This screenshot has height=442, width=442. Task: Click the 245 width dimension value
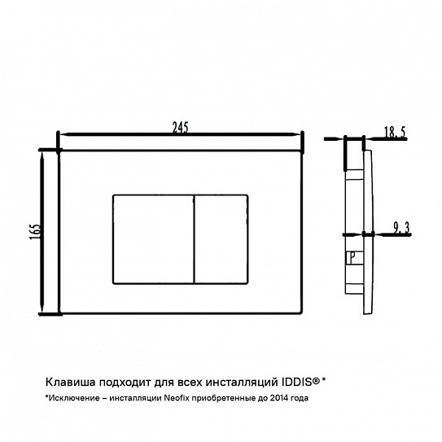(181, 128)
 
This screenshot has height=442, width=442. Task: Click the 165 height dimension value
(36, 232)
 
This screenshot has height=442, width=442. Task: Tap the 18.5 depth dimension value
(395, 132)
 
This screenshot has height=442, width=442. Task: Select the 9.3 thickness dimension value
(401, 228)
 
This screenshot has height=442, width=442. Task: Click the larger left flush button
(153, 239)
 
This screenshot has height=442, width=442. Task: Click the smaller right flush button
(221, 239)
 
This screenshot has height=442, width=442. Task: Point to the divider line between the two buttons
(195, 239)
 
